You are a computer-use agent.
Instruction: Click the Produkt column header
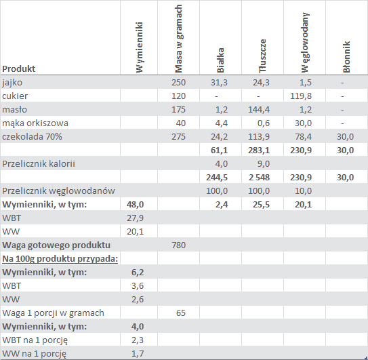tap(18, 68)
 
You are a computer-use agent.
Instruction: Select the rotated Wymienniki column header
tap(139, 47)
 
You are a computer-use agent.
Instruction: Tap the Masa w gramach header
tap(179, 39)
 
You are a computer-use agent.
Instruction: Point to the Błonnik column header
tap(346, 57)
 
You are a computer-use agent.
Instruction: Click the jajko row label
tap(12, 83)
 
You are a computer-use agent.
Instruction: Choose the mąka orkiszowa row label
tap(35, 123)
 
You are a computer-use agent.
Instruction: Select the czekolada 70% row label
tap(32, 137)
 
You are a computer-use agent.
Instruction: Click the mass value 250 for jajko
tap(178, 83)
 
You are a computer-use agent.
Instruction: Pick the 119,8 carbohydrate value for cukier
tap(301, 96)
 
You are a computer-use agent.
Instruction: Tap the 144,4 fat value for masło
tap(259, 110)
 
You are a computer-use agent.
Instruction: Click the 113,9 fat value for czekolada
tap(259, 137)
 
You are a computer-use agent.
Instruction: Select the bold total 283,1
tap(259, 151)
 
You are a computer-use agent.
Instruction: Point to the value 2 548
tap(259, 178)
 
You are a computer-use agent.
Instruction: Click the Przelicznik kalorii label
tap(39, 163)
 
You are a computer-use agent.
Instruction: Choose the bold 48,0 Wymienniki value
tap(135, 205)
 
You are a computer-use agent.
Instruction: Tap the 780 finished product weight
tap(178, 245)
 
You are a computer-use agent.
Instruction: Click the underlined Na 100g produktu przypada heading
tap(60, 259)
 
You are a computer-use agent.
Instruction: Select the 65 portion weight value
tap(181, 313)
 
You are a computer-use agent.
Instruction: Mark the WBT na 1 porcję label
tap(35, 340)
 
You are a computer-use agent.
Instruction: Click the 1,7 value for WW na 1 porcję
tap(138, 354)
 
